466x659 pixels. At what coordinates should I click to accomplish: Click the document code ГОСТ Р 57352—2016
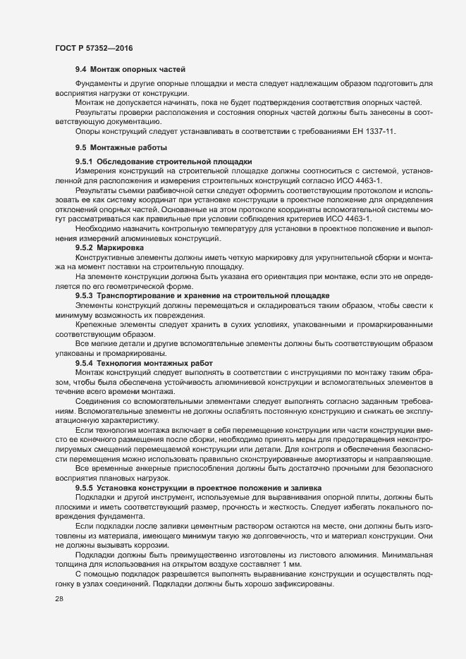pyautogui.click(x=94, y=48)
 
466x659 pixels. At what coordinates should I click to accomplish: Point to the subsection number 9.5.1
pyautogui.click(x=85, y=161)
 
